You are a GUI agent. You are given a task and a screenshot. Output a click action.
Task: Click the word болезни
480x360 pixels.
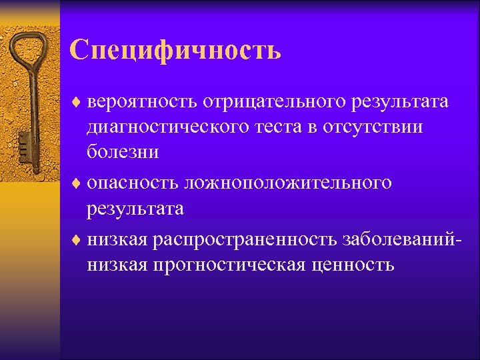(x=122, y=151)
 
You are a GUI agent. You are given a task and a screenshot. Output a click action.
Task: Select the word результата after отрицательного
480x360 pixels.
(x=395, y=103)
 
